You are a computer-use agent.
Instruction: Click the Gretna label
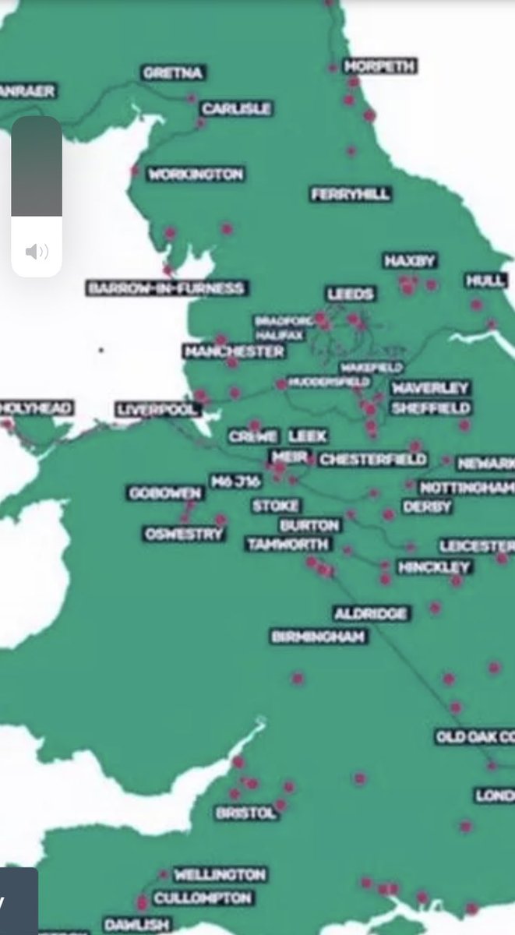click(x=173, y=72)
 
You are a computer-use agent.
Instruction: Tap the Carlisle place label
click(x=236, y=108)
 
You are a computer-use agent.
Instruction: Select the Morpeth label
click(x=379, y=67)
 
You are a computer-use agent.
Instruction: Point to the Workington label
click(x=196, y=174)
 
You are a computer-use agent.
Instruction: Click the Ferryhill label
click(x=350, y=194)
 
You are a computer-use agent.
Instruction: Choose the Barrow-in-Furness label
click(x=165, y=288)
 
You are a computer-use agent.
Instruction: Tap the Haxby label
click(x=409, y=260)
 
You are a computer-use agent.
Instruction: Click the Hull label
click(x=485, y=280)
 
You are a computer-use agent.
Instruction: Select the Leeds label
click(x=351, y=294)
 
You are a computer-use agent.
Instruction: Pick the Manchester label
click(x=234, y=351)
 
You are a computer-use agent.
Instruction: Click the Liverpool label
click(x=157, y=409)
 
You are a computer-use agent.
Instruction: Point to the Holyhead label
click(x=36, y=408)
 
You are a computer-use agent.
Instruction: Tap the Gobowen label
click(x=165, y=493)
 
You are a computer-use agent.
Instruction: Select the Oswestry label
click(x=184, y=534)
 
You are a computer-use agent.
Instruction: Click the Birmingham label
click(x=318, y=637)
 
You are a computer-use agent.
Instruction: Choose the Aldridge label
click(x=371, y=614)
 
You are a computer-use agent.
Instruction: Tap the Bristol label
click(x=245, y=813)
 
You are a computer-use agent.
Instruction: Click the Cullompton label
click(x=202, y=898)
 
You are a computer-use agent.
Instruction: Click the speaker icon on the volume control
click(x=36, y=251)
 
